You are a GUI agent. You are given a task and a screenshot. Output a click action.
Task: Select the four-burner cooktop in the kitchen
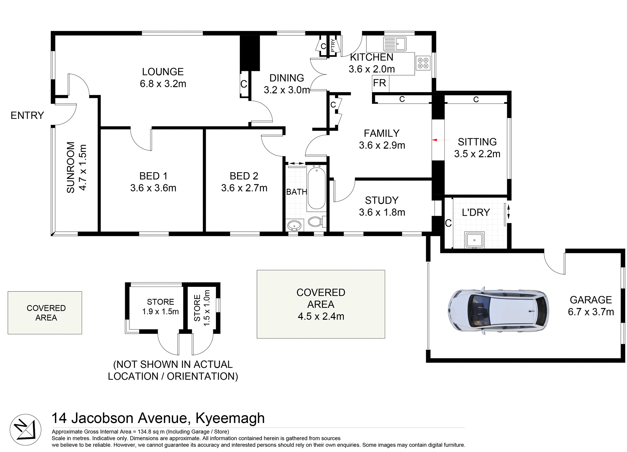423,63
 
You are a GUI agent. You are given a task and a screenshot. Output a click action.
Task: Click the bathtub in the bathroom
316,187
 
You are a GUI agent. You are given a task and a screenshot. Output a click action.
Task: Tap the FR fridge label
379,83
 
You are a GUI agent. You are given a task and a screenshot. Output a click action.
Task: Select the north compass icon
25,429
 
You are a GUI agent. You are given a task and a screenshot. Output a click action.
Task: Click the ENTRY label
27,115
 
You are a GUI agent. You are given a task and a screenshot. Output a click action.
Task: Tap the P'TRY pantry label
333,45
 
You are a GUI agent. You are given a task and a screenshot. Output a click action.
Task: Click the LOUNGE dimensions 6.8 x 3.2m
163,84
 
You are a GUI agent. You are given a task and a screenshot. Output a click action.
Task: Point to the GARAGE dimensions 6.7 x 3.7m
590,312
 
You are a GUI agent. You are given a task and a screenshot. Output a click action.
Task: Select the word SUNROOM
71,167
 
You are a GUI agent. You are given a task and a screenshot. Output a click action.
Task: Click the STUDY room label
381,200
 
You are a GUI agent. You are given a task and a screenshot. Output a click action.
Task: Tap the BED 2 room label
244,176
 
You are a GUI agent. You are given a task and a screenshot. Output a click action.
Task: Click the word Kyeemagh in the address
230,418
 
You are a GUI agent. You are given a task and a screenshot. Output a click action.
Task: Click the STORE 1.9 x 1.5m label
160,307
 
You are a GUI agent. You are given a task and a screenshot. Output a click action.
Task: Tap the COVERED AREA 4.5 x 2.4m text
321,304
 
